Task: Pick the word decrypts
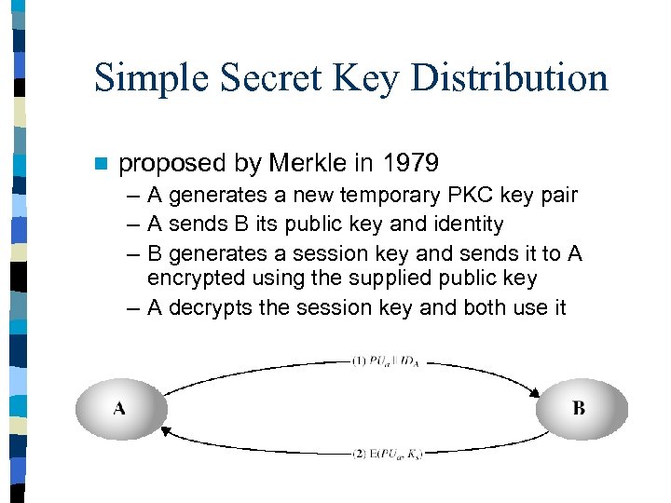pyautogui.click(x=210, y=307)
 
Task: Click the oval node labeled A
pyautogui.click(x=120, y=408)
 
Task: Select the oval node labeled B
pyautogui.click(x=580, y=408)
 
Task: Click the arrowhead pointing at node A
pyautogui.click(x=166, y=428)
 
